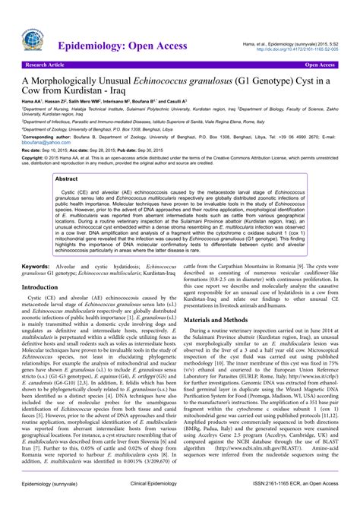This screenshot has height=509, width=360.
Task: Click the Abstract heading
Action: [x=66, y=179]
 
